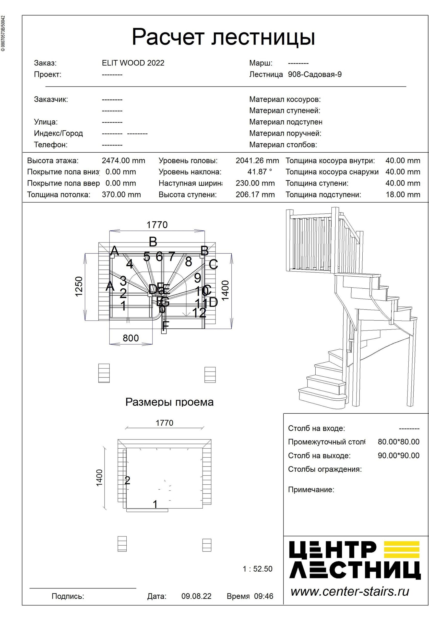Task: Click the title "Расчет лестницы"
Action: pos(223,37)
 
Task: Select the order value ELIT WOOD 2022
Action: pos(133,63)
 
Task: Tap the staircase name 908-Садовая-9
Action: pos(315,75)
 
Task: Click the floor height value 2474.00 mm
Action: pos(123,161)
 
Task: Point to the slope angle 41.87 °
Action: pos(259,172)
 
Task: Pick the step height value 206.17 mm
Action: pos(255,194)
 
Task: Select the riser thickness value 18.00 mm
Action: pos(402,194)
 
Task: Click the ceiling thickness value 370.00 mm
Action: pos(121,194)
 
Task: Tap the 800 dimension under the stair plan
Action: pos(131,338)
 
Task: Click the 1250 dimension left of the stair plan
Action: pos(79,287)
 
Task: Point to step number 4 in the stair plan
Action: pos(129,264)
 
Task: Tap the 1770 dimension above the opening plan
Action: pos(164,423)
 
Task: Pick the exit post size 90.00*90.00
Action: pos(398,456)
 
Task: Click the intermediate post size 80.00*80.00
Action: pos(398,442)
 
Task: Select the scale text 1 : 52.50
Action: pos(257,569)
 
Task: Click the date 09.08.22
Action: pos(196,596)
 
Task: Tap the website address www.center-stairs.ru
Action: pos(350,592)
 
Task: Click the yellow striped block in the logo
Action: pos(401,549)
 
